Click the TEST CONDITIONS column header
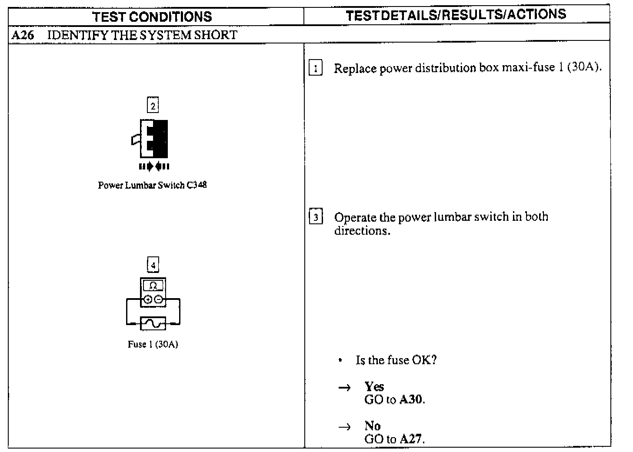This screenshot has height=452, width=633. pyautogui.click(x=152, y=17)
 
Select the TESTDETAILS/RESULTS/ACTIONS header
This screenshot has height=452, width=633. pyautogui.click(x=456, y=15)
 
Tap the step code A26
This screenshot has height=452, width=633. pyautogui.click(x=22, y=35)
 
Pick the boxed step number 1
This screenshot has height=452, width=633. pyautogui.click(x=316, y=69)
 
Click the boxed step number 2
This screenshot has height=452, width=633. pyautogui.click(x=153, y=106)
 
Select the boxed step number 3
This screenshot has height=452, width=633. pyautogui.click(x=316, y=217)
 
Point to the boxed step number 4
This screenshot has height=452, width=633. pyautogui.click(x=153, y=265)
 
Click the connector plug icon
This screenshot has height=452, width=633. pyautogui.click(x=153, y=139)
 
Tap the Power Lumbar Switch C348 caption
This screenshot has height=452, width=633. pyautogui.click(x=152, y=185)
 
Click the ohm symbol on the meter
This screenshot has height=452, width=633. pyautogui.click(x=153, y=286)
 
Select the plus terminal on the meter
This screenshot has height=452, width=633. pyautogui.click(x=148, y=299)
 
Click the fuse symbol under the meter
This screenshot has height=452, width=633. pyautogui.click(x=153, y=323)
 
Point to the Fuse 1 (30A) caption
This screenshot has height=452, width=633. pyautogui.click(x=153, y=345)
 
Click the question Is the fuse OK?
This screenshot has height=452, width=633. pyautogui.click(x=396, y=360)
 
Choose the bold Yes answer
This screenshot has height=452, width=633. pyautogui.click(x=374, y=386)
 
